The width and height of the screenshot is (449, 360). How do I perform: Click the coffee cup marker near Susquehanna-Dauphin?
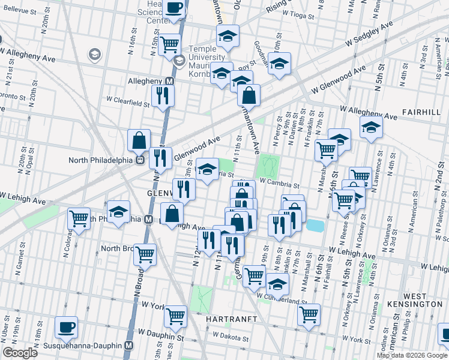(x=66, y=328)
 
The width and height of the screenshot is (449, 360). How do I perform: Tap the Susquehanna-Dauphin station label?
(x=85, y=346)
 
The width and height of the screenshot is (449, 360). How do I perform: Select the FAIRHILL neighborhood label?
(x=422, y=112)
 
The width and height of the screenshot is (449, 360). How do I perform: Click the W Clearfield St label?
(x=128, y=103)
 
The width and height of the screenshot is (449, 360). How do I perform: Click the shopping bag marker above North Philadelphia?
(x=139, y=140)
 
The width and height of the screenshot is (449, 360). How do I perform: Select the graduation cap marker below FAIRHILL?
(x=371, y=127)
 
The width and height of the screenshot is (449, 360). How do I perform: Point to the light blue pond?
(x=314, y=226)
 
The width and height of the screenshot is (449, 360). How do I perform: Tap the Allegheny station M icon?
(x=170, y=81)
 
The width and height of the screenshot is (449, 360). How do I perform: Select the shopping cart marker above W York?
(x=175, y=316)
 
